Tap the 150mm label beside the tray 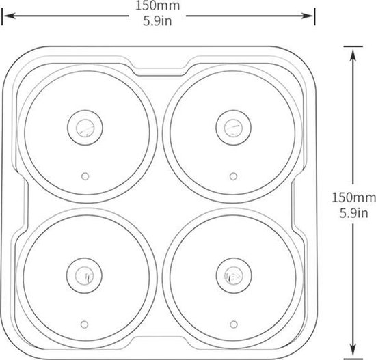click(x=352, y=198)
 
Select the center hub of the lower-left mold click(x=85, y=275)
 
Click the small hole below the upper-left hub click(x=85, y=175)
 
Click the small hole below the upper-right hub click(x=234, y=175)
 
